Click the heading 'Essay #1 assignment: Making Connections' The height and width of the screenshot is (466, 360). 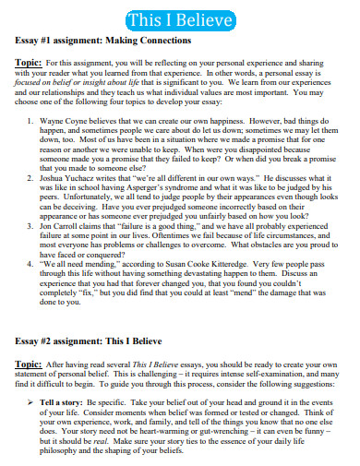[x=102, y=41]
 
